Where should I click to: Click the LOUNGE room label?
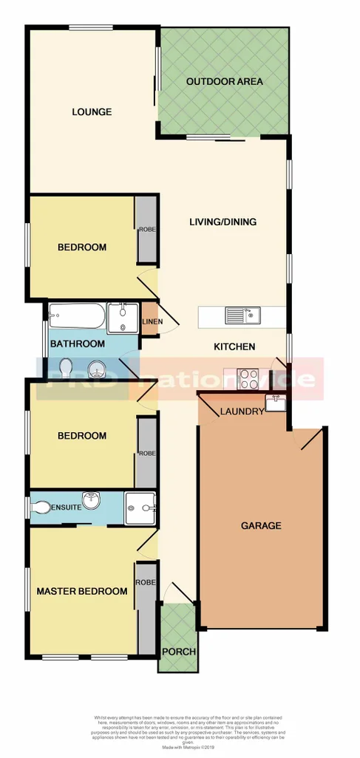tap(92, 112)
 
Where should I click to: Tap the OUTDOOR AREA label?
tap(224, 82)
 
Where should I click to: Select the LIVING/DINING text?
tap(223, 222)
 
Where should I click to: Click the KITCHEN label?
tap(234, 346)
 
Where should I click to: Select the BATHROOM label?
tap(77, 344)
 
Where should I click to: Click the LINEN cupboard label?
tap(152, 321)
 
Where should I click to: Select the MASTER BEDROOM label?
tap(82, 591)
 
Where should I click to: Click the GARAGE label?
tap(261, 526)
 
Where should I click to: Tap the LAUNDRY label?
tap(241, 412)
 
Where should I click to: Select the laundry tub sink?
tap(276, 403)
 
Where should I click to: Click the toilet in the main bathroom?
tap(66, 366)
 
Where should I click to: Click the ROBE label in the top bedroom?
tap(146, 230)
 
